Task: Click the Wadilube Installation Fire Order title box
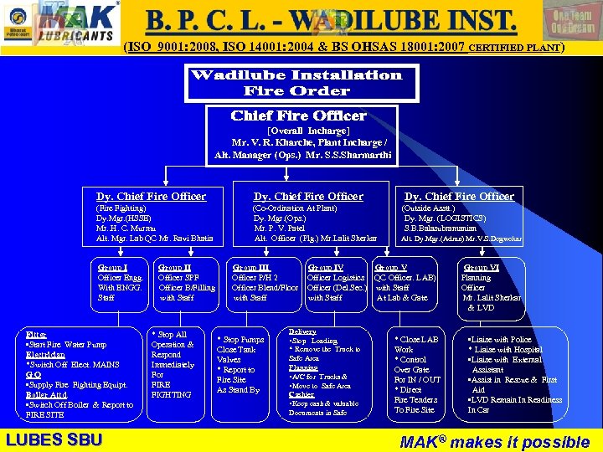pos(296,82)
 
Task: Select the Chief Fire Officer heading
pos(298,116)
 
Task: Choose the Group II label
pos(174,268)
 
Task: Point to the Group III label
pos(250,268)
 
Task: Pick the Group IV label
pos(325,268)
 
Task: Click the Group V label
pos(390,268)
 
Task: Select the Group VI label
pos(481,268)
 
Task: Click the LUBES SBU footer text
pos(54,439)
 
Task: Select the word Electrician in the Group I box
pos(46,354)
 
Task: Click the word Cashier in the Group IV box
pos(301,394)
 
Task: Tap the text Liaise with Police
pos(502,340)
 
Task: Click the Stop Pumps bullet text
pos(241,340)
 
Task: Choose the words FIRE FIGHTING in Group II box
pos(171,389)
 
